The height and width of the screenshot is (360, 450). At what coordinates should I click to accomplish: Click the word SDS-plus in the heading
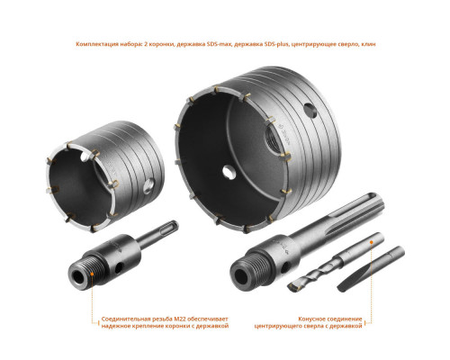click(276, 44)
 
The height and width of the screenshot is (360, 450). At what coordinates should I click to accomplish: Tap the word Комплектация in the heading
click(94, 44)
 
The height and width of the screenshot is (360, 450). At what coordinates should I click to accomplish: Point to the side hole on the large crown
click(310, 111)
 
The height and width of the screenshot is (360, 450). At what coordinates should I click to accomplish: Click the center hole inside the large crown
click(229, 172)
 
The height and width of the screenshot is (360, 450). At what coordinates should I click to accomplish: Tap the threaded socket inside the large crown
click(272, 139)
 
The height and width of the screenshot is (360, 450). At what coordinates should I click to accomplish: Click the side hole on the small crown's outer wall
click(148, 186)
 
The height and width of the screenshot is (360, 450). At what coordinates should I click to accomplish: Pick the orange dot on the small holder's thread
click(92, 274)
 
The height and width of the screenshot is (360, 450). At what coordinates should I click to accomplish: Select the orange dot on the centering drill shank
click(372, 242)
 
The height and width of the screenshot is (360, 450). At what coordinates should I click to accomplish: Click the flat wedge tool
click(371, 269)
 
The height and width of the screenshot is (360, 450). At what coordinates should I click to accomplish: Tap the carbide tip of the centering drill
click(292, 286)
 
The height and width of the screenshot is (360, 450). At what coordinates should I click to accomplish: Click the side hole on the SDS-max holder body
click(285, 265)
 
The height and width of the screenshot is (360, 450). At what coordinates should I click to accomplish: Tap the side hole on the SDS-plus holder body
click(119, 268)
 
